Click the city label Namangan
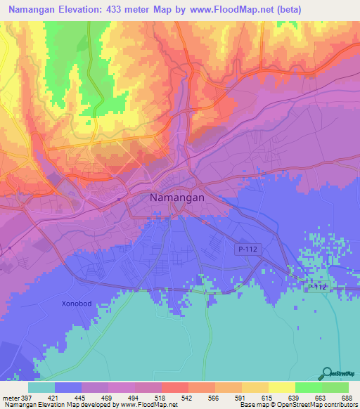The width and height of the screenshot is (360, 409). [x=177, y=198]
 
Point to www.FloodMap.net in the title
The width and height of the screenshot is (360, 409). [x=271, y=10]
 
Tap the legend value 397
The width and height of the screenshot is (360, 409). [x=28, y=397]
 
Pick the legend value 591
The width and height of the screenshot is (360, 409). [x=241, y=397]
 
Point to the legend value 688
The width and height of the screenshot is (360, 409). [x=347, y=397]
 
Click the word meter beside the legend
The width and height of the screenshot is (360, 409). [x=10, y=397]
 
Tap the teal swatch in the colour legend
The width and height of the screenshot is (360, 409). [x=41, y=387]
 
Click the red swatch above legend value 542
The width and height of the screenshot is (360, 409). [x=174, y=387]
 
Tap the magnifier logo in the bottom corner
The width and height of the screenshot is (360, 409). [x=326, y=373]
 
